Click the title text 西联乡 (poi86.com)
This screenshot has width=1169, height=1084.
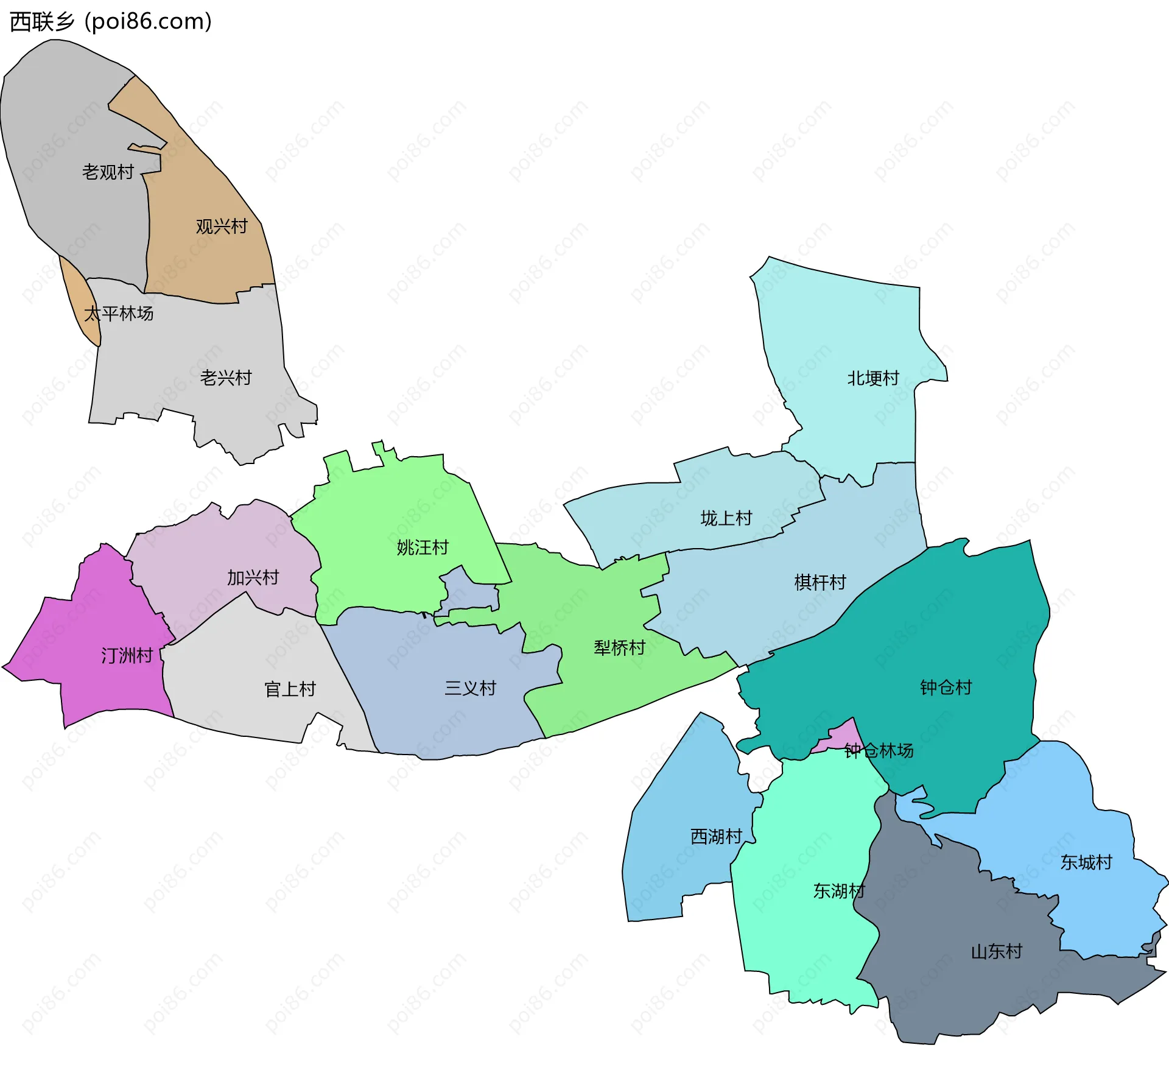[111, 22]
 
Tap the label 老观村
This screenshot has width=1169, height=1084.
[108, 172]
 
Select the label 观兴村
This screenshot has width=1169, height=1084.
[222, 227]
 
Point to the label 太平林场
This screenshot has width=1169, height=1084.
[119, 314]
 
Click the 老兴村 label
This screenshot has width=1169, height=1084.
[226, 378]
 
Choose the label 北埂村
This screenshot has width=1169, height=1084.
[873, 378]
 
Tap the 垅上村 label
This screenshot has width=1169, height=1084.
[726, 518]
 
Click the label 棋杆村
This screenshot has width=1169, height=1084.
[820, 582]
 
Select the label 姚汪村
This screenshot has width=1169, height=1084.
[423, 547]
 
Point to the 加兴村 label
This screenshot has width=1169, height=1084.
[253, 577]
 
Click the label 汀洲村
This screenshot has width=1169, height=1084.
[127, 655]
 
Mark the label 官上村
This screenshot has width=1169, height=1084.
[290, 689]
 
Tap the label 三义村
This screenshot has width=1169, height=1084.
[470, 688]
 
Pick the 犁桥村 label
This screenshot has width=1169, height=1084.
[619, 647]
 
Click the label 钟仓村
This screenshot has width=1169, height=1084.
[946, 688]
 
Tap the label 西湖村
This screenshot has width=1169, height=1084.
[716, 836]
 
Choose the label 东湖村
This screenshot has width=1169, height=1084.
[839, 891]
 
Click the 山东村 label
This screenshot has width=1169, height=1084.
[996, 951]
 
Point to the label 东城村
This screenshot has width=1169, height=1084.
[1086, 862]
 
